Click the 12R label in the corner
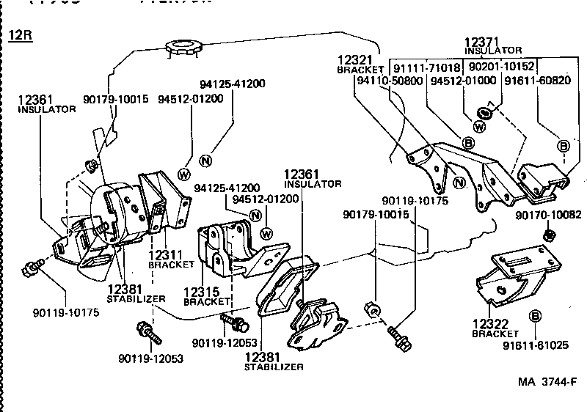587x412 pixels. point(21,36)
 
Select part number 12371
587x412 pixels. point(481,42)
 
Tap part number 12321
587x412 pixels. point(354,59)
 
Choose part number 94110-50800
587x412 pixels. point(390,80)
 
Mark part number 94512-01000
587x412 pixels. point(463,80)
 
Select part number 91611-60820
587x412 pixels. point(538,80)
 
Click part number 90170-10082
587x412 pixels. point(547,215)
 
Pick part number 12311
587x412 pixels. point(166,254)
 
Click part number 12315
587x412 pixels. point(199,292)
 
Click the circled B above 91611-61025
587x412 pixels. point(535,317)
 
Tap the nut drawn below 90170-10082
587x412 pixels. point(548,235)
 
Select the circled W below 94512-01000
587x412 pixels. point(478,126)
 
